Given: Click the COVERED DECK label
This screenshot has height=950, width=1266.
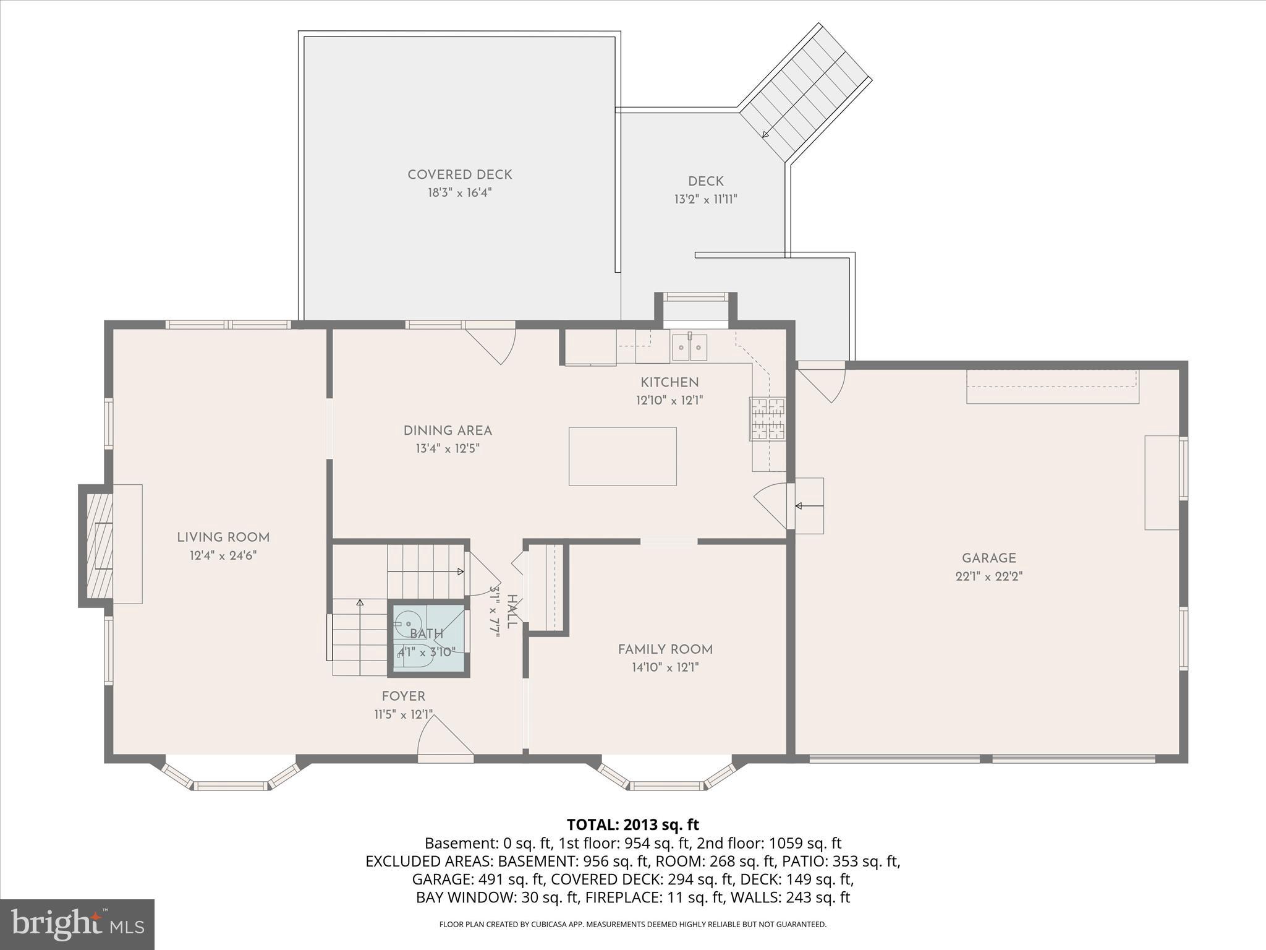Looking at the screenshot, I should pyautogui.click(x=459, y=175).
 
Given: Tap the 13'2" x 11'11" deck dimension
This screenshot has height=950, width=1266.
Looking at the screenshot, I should pyautogui.click(x=705, y=199).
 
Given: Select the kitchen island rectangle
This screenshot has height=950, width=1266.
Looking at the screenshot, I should pyautogui.click(x=622, y=456).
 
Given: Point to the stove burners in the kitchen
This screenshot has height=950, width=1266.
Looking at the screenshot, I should pyautogui.click(x=767, y=419).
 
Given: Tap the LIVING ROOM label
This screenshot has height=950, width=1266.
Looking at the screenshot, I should pyautogui.click(x=223, y=537).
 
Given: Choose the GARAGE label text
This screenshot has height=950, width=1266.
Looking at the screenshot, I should pyautogui.click(x=988, y=558).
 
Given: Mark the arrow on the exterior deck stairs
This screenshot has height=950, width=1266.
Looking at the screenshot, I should pyautogui.click(x=765, y=134).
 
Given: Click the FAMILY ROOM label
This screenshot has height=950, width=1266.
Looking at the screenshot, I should pyautogui.click(x=665, y=649).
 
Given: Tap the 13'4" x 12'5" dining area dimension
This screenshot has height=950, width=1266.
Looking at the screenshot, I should pyautogui.click(x=448, y=448).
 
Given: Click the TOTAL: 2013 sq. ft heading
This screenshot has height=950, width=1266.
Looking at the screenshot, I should pyautogui.click(x=632, y=824).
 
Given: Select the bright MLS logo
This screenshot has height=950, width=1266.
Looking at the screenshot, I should pyautogui.click(x=77, y=924).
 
